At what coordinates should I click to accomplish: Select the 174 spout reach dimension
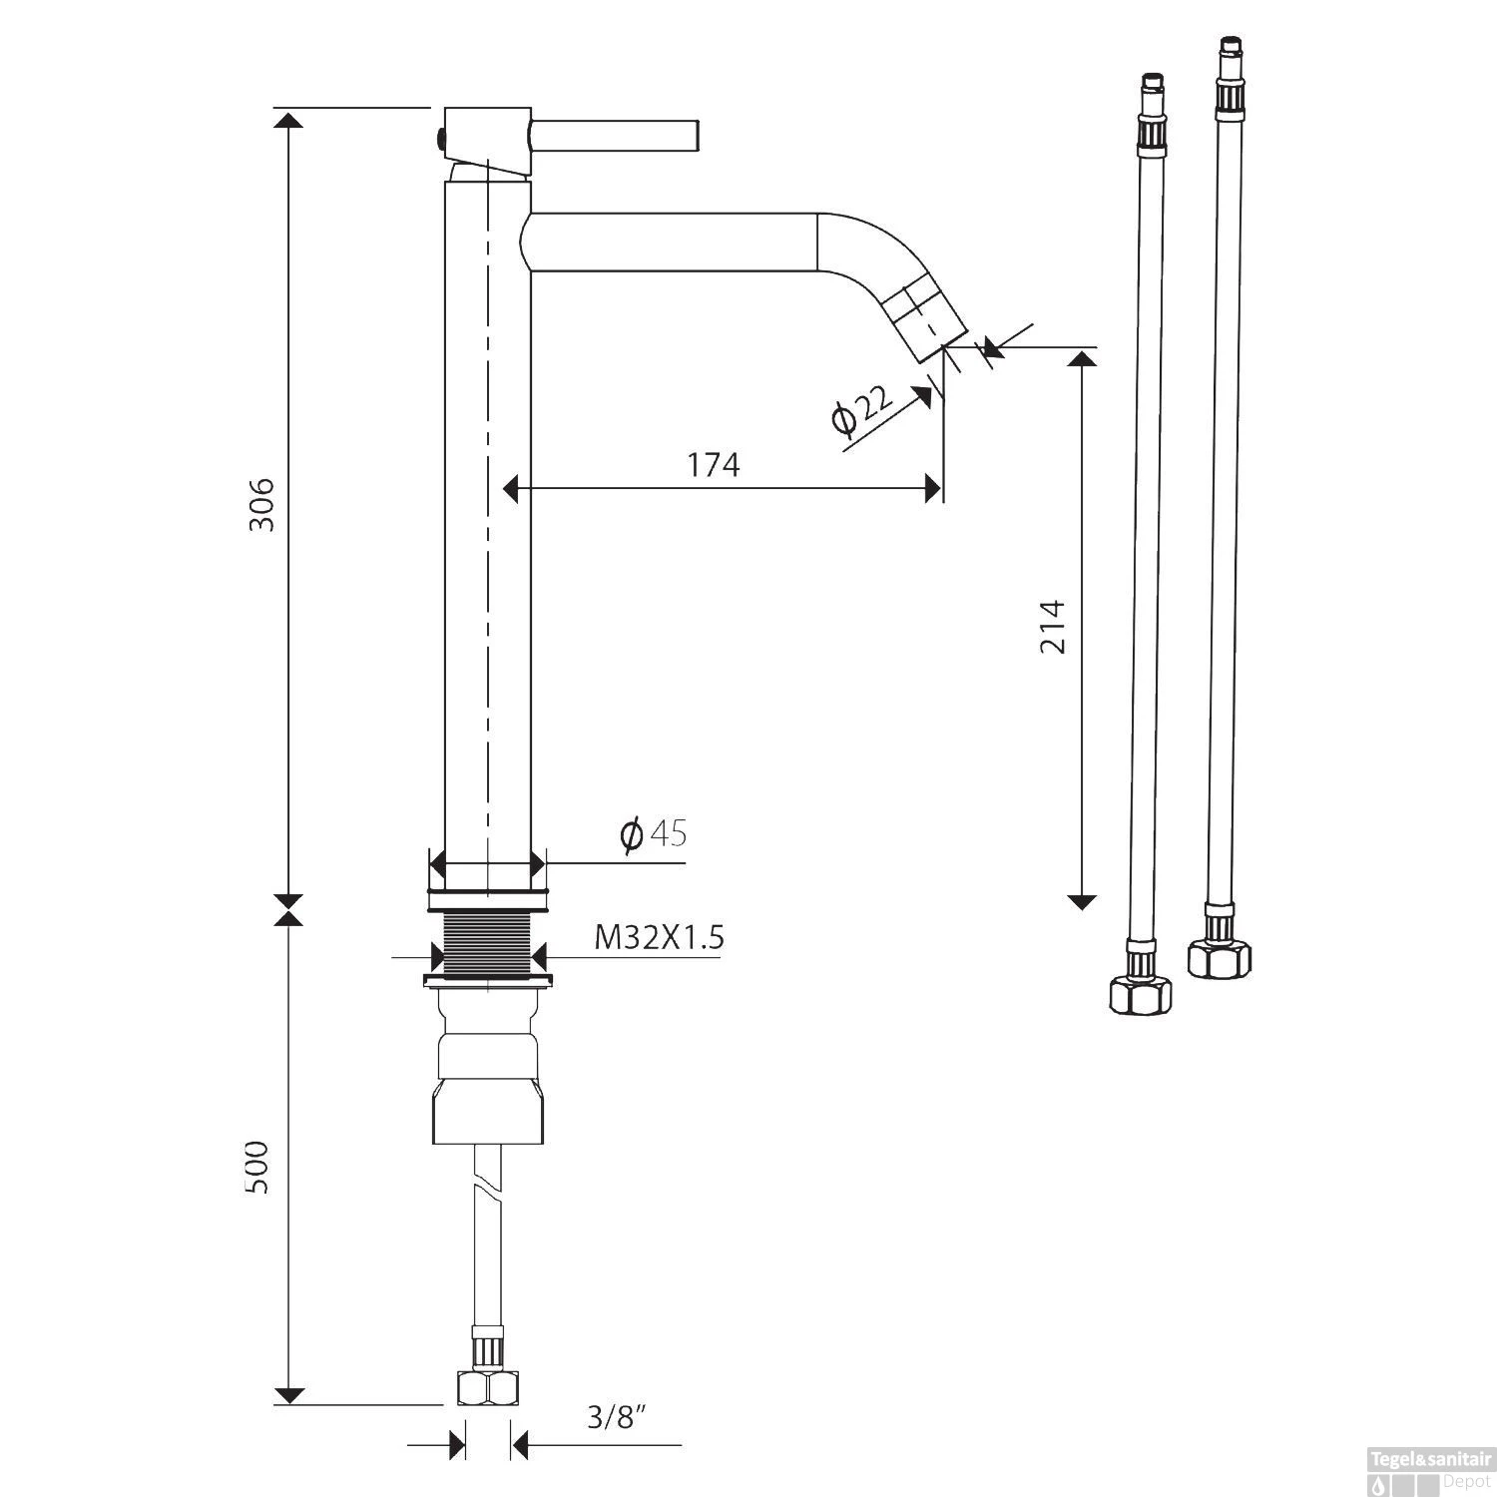pyautogui.click(x=714, y=464)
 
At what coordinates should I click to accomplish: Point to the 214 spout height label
pyautogui.click(x=1053, y=627)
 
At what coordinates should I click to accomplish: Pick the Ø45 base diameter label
pyautogui.click(x=653, y=833)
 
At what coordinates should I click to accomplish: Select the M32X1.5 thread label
pyautogui.click(x=658, y=938)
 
